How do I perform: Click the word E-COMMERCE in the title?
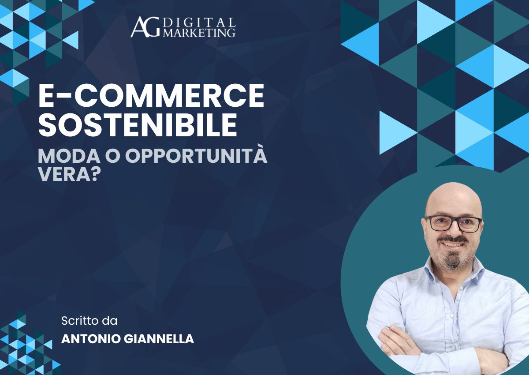151,97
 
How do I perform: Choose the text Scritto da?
90,320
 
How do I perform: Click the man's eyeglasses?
453,223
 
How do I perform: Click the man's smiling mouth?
454,244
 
